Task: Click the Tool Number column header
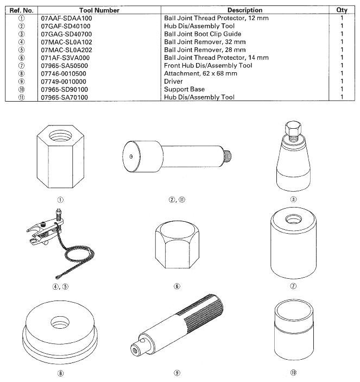99,10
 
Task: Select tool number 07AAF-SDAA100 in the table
66,18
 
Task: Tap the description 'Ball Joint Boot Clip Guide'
203,34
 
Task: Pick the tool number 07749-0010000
64,82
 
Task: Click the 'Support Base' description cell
184,89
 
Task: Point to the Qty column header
342,10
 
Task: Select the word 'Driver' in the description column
173,82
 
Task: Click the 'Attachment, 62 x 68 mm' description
200,73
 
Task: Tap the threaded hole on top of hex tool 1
61,134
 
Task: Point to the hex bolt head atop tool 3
293,128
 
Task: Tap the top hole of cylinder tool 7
293,220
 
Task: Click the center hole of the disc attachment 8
60,323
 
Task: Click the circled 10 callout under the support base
293,372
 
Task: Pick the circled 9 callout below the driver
177,373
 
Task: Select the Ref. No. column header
21,10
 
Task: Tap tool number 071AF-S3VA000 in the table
65,58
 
